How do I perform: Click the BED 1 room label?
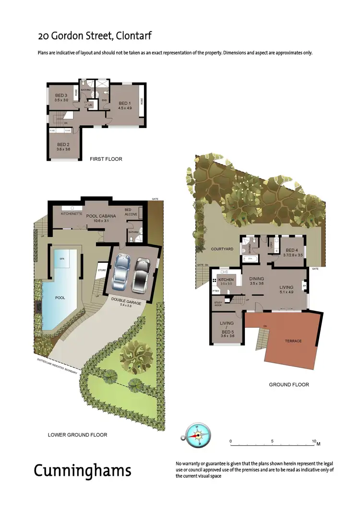click(124, 103)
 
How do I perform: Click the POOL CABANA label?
click(101, 216)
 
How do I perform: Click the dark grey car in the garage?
click(141, 276)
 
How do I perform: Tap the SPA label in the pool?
click(62, 259)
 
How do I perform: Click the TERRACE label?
click(293, 341)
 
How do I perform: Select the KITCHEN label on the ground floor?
click(226, 279)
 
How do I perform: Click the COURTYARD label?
click(222, 249)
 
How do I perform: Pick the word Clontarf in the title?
click(131, 36)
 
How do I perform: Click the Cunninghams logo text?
click(82, 470)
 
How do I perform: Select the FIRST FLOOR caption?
click(106, 159)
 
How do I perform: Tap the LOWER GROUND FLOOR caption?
click(77, 435)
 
